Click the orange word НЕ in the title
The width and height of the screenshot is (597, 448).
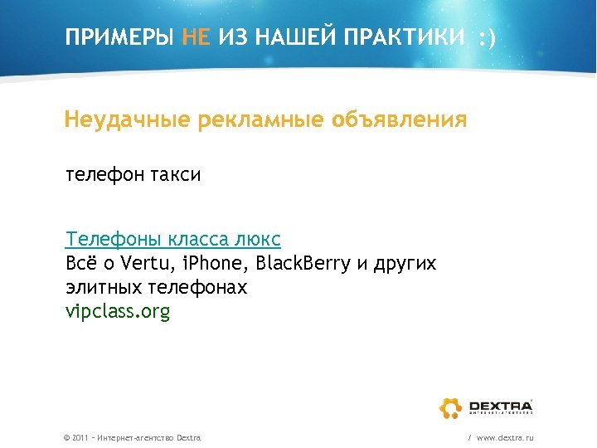click(198, 37)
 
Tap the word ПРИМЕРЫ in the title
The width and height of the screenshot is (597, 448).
click(120, 37)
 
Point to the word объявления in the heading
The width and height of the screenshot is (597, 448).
click(399, 120)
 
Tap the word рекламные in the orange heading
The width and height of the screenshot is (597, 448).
click(261, 120)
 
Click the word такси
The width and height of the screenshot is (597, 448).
click(177, 175)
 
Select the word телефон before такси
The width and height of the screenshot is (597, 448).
click(106, 175)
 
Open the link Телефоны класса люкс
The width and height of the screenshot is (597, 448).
click(173, 240)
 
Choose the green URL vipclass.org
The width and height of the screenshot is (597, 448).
click(118, 312)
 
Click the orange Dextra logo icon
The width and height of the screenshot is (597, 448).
click(450, 407)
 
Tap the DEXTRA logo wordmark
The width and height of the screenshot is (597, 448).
click(500, 405)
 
